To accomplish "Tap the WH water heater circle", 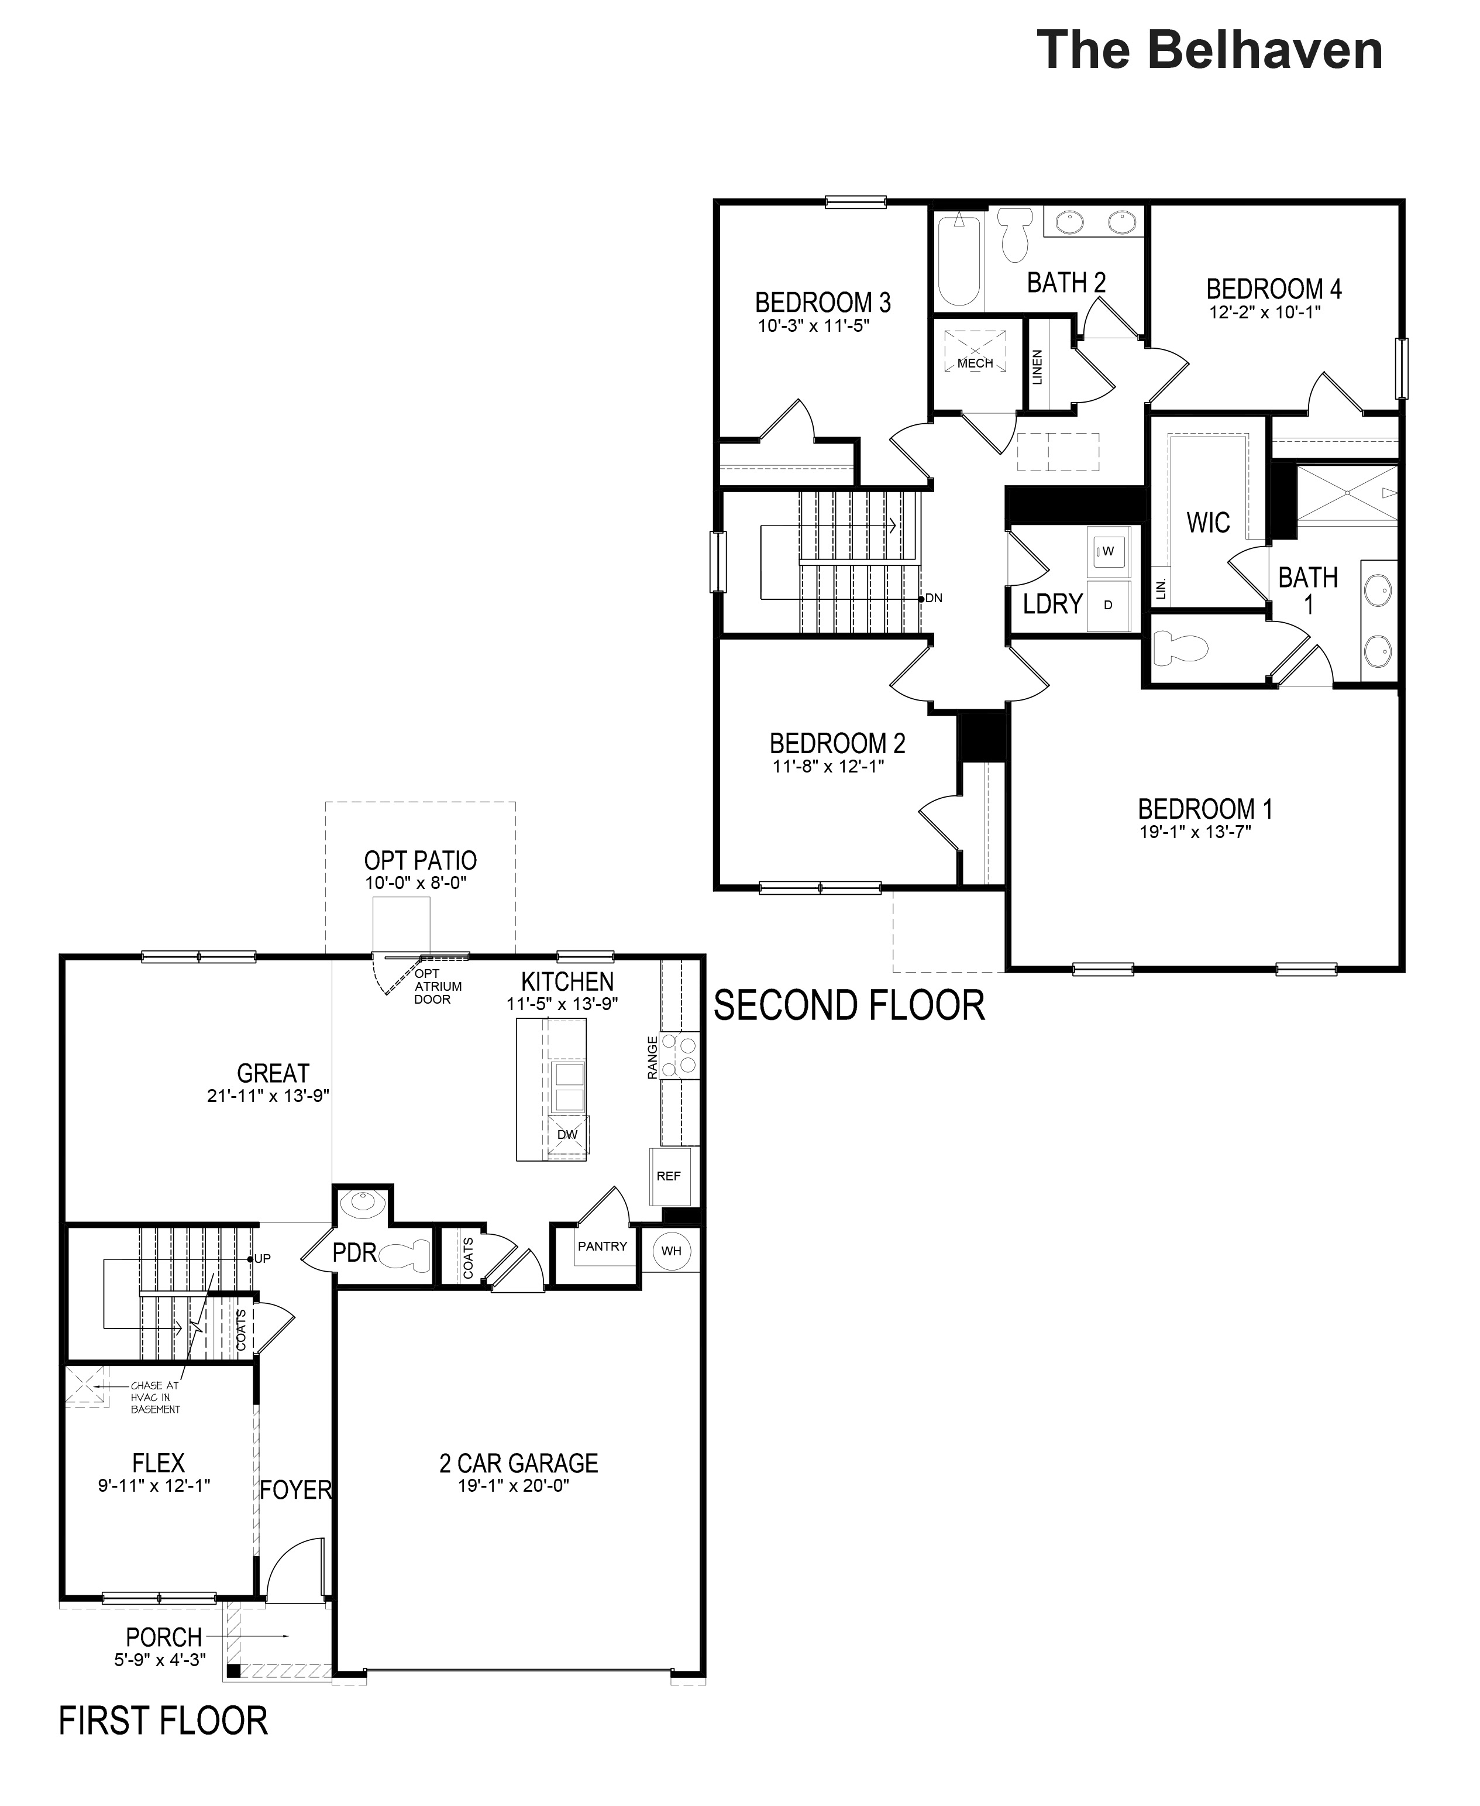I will pyautogui.click(x=671, y=1251).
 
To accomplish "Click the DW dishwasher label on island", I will pyautogui.click(x=567, y=1135).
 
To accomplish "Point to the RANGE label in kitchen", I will pyautogui.click(x=653, y=1058).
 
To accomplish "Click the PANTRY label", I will pyautogui.click(x=602, y=1246).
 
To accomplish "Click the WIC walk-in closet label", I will pyautogui.click(x=1208, y=522).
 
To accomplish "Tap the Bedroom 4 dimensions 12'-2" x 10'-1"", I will pyautogui.click(x=1264, y=312).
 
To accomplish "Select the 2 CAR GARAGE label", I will pyautogui.click(x=518, y=1463).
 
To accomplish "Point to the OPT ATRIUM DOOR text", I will pyautogui.click(x=438, y=987).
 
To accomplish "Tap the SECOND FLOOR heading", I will pyautogui.click(x=849, y=1006).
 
